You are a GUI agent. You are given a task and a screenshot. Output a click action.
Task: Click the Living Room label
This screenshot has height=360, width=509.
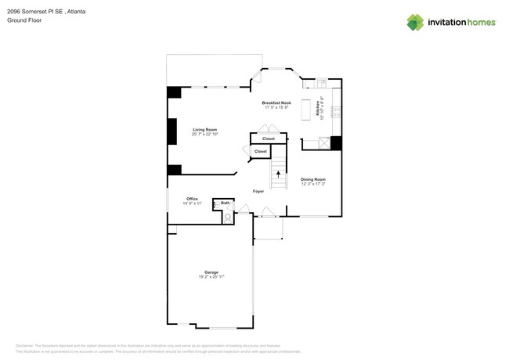204,129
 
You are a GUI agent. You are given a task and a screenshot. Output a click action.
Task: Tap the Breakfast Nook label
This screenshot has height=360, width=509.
276,103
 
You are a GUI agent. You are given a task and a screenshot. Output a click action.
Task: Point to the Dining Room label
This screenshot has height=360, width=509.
312,179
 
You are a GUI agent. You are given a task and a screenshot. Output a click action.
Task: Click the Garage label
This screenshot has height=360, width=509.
211,272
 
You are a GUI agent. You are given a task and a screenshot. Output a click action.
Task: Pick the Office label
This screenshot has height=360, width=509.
192,199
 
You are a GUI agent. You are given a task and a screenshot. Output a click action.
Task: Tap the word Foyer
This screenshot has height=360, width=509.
258,191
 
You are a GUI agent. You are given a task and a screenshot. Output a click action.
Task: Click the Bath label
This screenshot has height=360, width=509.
225,203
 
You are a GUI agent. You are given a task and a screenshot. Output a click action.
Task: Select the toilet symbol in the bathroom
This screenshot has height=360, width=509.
228,218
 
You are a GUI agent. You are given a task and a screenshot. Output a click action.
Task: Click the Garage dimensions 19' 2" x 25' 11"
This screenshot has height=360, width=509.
211,277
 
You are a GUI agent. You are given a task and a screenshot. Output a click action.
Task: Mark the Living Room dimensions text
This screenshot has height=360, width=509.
204,134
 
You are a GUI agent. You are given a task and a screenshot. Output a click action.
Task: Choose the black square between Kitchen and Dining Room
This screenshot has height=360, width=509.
336,142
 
